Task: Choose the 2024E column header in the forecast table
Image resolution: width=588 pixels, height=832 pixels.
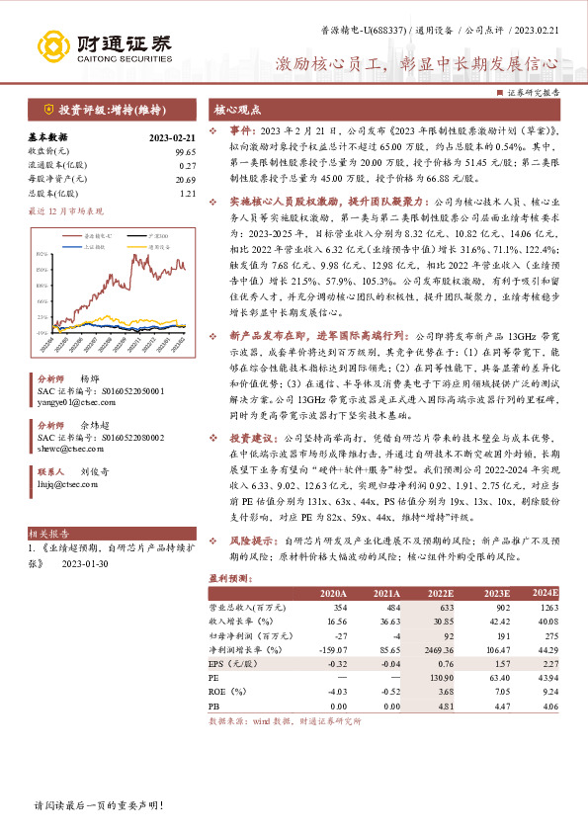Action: click(545, 592)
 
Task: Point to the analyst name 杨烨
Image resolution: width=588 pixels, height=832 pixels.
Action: click(89, 379)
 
